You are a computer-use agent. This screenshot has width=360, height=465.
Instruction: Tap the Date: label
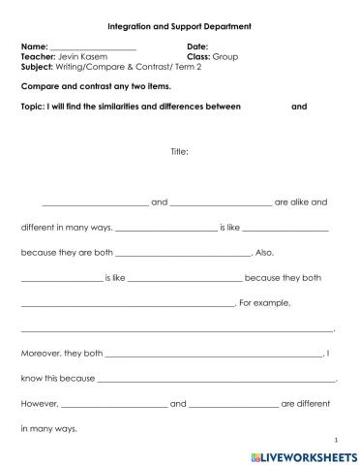[197, 46]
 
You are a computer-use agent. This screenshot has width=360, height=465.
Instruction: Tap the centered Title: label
[179, 150]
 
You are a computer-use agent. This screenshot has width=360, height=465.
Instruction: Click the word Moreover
[41, 354]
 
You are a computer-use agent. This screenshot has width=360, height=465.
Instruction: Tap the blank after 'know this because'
[217, 380]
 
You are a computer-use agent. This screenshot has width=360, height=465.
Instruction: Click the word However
[40, 404]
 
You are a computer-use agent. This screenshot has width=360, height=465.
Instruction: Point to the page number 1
[335, 438]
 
